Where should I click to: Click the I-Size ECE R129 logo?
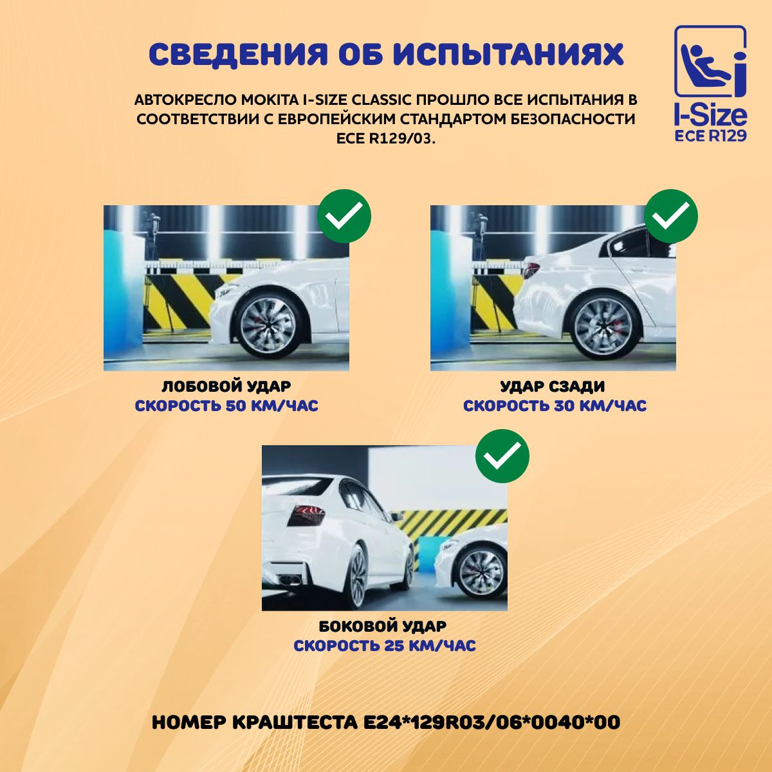(x=710, y=84)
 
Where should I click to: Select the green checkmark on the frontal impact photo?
(x=344, y=216)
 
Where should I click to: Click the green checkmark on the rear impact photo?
(x=671, y=216)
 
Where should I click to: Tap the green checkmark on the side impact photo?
(x=502, y=456)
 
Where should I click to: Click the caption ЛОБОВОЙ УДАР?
(x=226, y=387)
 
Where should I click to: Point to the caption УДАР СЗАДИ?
(x=553, y=387)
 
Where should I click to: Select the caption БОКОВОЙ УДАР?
(x=383, y=627)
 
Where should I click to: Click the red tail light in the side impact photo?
(x=306, y=515)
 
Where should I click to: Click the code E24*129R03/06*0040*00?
(x=490, y=722)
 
